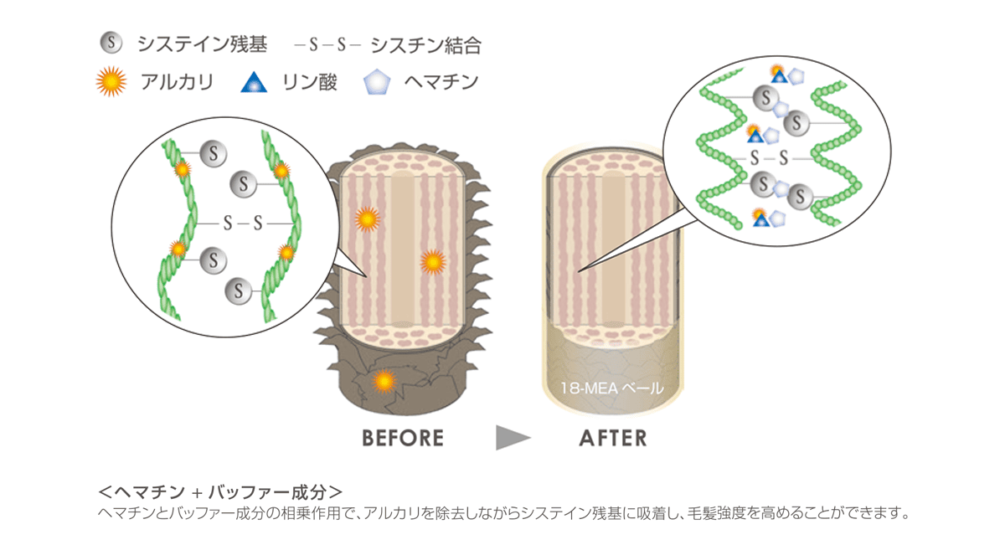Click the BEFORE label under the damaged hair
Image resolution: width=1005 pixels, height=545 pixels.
[x=402, y=438]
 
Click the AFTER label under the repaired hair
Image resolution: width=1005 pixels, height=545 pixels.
[x=613, y=438]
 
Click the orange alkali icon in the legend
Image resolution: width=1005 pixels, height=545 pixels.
[x=111, y=82]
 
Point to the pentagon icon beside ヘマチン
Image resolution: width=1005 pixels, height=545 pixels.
[x=378, y=82]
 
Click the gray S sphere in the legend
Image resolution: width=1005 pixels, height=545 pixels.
[x=111, y=43]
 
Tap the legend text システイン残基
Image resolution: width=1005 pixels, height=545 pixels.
[x=202, y=44]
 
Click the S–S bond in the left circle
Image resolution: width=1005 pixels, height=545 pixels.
[x=243, y=224]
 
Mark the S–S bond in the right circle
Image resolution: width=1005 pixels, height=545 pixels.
[x=770, y=157]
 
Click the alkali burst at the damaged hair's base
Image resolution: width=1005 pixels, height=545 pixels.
[x=384, y=381]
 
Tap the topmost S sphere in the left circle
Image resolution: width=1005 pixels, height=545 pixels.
[x=214, y=153]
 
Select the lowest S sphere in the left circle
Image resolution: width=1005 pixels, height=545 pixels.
[x=240, y=291]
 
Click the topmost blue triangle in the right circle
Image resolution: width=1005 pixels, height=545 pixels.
[x=779, y=76]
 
